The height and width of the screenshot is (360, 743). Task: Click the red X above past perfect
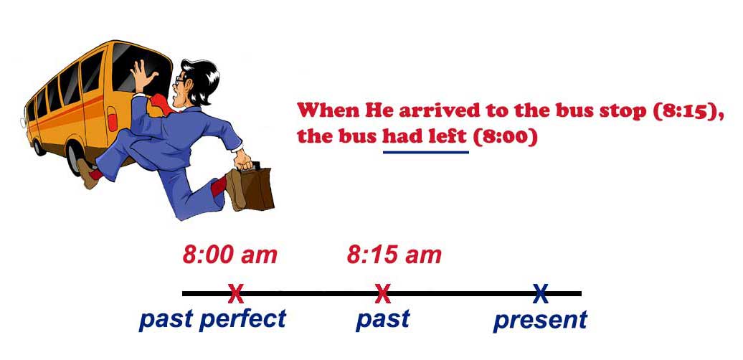(235, 293)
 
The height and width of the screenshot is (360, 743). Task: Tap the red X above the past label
(383, 293)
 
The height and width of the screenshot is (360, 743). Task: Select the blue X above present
(540, 293)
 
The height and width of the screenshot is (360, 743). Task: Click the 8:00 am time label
(229, 255)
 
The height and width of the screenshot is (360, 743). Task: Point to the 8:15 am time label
(394, 255)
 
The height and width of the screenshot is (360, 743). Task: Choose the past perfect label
(213, 318)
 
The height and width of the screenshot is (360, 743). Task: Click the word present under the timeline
(540, 320)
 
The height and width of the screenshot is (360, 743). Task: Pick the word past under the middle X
(382, 318)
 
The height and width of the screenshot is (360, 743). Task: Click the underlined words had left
(425, 136)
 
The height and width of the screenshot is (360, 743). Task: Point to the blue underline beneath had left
(425, 152)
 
